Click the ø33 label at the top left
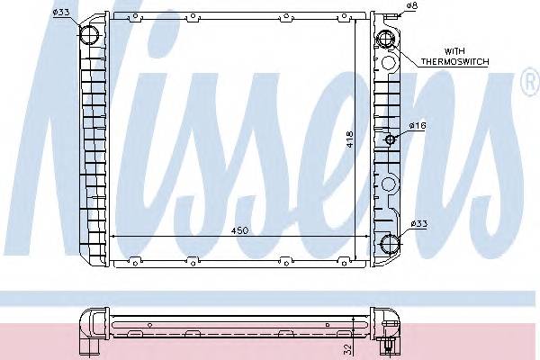(x=61, y=11)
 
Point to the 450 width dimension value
(x=238, y=230)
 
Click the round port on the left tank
(x=91, y=35)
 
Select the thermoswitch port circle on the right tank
(x=386, y=40)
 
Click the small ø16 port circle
(x=390, y=139)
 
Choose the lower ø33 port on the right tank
(x=389, y=242)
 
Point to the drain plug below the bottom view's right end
(x=386, y=345)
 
